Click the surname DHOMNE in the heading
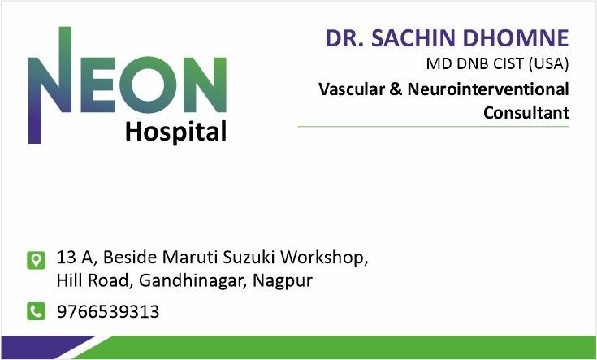[x=516, y=38]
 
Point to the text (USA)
[x=548, y=63]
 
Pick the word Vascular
[x=352, y=89]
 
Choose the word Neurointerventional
[x=488, y=89]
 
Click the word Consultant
[x=526, y=113]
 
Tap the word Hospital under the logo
[x=176, y=132]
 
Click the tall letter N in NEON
[x=50, y=85]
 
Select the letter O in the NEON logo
[x=149, y=85]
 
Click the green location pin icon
[x=37, y=260]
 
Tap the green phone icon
[x=37, y=311]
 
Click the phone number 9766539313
[x=108, y=311]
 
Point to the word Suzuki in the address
[x=249, y=257]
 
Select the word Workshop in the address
[x=324, y=258]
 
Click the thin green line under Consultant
[x=433, y=127]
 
